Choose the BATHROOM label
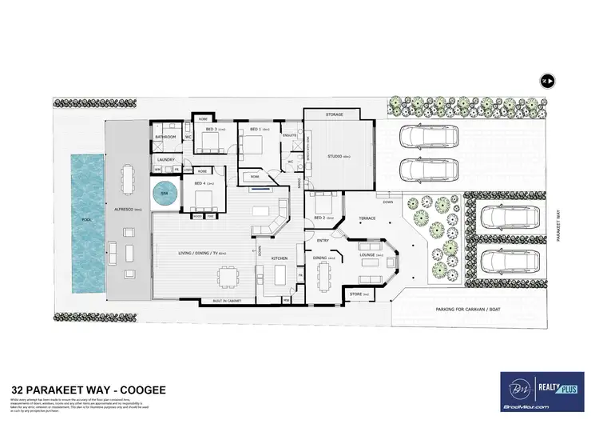point(166,137)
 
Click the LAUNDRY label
point(166,160)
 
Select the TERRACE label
point(367,218)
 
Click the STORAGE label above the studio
point(335,115)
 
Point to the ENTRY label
point(323,240)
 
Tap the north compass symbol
point(547,81)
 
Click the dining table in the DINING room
point(323,276)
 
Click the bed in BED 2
point(323,203)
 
